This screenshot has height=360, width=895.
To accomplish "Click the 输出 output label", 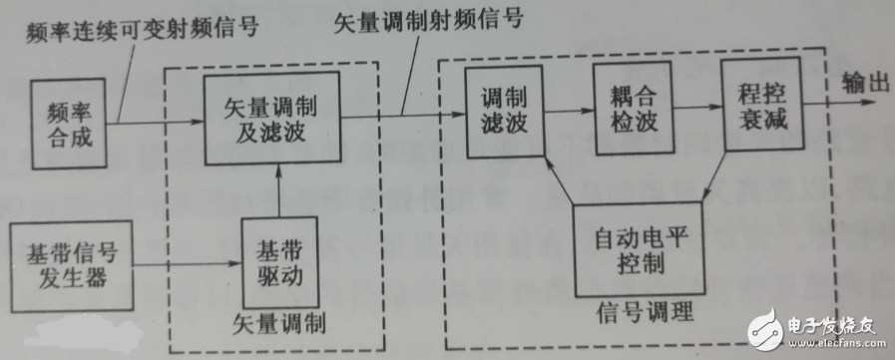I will point(865,82).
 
